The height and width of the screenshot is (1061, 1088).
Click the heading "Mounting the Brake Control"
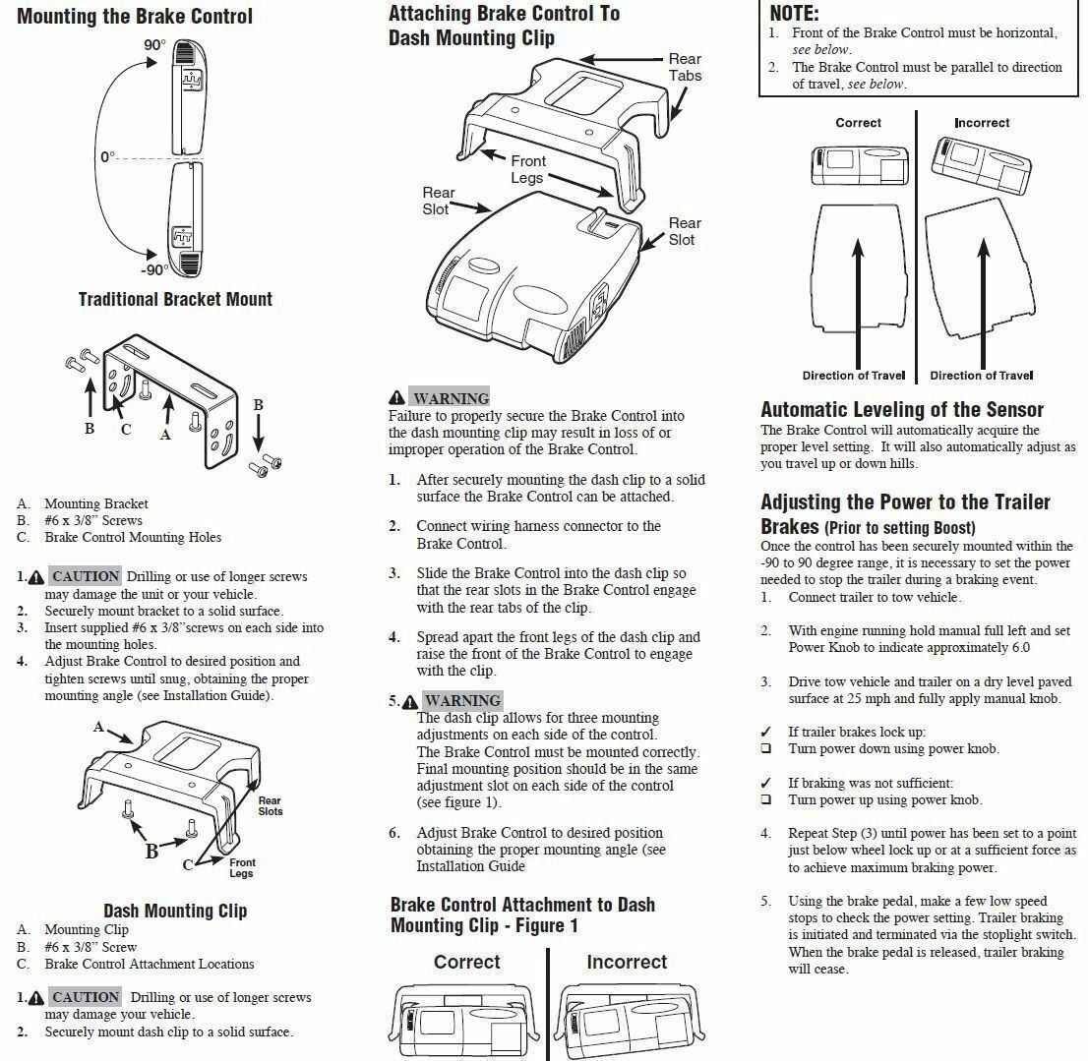coord(135,17)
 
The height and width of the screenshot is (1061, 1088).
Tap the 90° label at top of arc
coord(153,46)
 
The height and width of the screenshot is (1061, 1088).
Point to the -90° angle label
coord(153,270)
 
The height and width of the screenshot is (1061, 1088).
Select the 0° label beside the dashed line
coord(107,157)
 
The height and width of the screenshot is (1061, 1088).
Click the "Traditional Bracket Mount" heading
coord(175,299)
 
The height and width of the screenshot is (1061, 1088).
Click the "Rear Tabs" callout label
coord(685,68)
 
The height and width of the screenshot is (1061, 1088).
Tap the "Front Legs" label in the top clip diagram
coord(527,169)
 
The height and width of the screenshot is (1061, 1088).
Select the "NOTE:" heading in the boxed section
coord(794,14)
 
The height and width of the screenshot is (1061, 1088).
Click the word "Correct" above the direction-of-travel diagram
coord(858,123)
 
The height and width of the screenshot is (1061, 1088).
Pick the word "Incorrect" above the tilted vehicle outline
coord(982,123)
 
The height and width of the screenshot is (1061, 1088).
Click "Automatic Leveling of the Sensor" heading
coord(902,409)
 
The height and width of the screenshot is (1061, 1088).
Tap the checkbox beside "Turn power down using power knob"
coord(766,749)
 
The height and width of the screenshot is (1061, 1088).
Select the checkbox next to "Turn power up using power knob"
coord(766,800)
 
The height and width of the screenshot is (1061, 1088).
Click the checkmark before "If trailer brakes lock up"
coord(766,733)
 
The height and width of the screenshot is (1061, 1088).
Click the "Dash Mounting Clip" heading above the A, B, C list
coord(175,911)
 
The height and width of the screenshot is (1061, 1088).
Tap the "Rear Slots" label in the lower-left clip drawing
coord(271,806)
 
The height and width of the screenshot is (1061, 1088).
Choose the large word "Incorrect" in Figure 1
coord(627,962)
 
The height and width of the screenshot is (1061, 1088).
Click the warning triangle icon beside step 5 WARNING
coord(410,701)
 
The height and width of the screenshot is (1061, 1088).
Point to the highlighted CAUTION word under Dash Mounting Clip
coord(86,997)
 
